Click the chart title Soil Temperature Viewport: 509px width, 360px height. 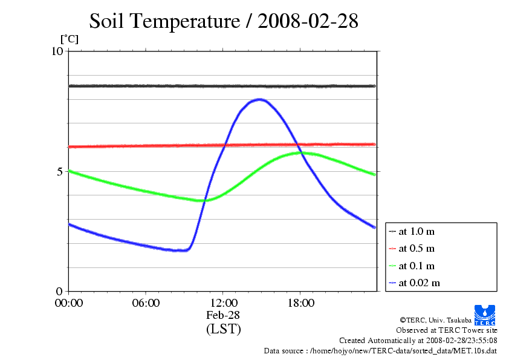[224, 21]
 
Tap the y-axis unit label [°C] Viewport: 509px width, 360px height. [69, 39]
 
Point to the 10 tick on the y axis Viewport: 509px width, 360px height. [57, 51]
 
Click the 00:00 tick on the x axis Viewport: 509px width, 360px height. [68, 303]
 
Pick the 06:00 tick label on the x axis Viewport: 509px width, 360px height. [146, 303]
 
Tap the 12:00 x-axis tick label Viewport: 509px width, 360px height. [223, 303]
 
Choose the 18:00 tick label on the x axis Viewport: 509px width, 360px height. [300, 303]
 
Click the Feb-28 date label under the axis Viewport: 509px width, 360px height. [223, 315]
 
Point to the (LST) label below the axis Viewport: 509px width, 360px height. [223, 329]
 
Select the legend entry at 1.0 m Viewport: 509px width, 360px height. [417, 231]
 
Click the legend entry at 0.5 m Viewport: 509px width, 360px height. [417, 248]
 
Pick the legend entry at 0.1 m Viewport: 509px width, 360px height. [417, 266]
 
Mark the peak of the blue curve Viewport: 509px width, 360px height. [261, 99]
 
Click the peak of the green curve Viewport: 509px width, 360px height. [300, 152]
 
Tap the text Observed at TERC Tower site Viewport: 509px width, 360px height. [447, 330]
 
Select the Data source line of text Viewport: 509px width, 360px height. [380, 350]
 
